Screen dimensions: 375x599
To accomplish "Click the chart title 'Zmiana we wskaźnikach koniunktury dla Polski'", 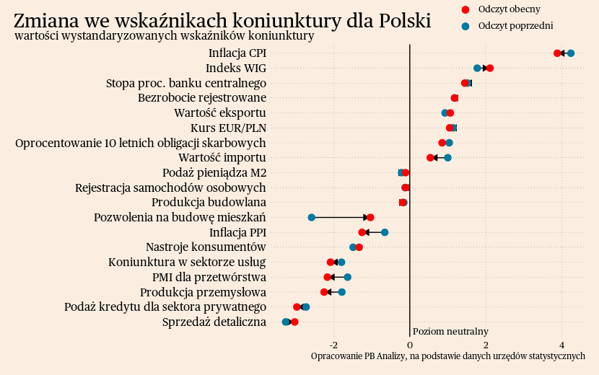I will point(222,20).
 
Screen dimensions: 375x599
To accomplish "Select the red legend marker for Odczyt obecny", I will point(465,9).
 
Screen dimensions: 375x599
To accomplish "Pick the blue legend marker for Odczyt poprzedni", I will point(465,26).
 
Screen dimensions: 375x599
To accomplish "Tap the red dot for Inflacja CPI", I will point(557,53).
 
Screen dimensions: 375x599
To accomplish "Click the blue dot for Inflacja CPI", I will point(571,53).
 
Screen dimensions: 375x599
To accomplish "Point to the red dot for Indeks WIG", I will point(490,68).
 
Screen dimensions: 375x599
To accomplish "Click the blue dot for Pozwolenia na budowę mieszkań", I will point(312,217).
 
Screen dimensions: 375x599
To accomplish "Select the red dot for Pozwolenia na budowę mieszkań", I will point(370,217).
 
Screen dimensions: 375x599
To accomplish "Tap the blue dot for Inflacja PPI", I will point(385,232).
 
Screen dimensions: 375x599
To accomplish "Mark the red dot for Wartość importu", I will point(430,157).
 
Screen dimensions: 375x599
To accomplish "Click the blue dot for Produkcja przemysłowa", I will point(342,292).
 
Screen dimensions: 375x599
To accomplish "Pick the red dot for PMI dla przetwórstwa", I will point(328,277).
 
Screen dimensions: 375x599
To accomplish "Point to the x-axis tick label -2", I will point(333,345).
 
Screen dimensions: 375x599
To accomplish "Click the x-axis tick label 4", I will point(561,345).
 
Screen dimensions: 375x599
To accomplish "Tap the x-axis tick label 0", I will point(410,345).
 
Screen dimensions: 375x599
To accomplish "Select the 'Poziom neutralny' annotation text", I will point(450,332).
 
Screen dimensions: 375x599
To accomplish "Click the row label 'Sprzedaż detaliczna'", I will point(214,322).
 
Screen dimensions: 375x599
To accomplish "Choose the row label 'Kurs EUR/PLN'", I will point(228,128).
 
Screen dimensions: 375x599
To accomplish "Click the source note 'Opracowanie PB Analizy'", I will point(447,356).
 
